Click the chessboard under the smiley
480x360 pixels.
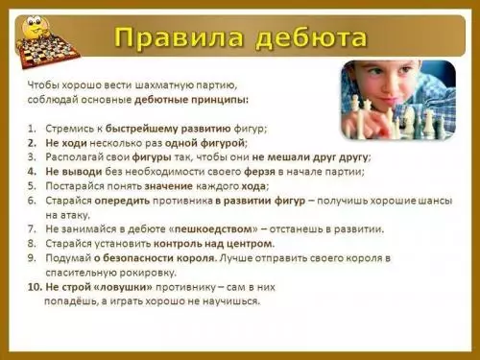[47, 46]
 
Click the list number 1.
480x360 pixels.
[32, 128]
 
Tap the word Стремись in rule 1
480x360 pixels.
[70, 128]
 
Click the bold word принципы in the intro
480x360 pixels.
[217, 99]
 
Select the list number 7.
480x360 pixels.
[32, 228]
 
